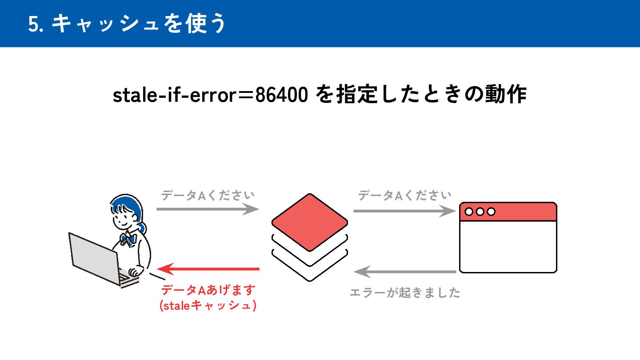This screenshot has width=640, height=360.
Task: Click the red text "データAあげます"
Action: [x=208, y=291]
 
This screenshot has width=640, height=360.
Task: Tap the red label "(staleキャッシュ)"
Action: [x=208, y=306]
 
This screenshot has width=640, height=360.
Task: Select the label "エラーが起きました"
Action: [x=404, y=293]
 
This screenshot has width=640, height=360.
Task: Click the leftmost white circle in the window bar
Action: [x=469, y=212]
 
